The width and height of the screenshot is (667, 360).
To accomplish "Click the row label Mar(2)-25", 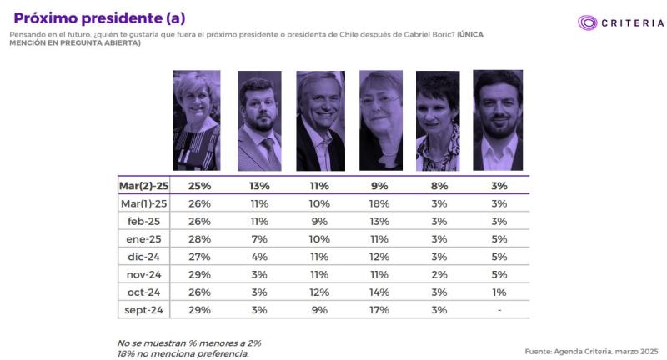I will coord(144,185).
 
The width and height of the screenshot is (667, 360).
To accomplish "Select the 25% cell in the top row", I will coord(199,185).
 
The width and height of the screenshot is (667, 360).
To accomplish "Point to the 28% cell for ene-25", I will coord(199,238).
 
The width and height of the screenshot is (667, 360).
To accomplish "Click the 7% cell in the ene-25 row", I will coord(259,238).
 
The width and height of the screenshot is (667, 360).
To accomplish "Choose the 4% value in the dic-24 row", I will coord(259,256).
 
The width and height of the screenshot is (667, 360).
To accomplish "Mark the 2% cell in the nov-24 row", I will coord(439,273).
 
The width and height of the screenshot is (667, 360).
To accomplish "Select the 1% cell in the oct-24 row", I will coord(499,292).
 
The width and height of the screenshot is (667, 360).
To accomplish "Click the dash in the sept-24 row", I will coord(499,309).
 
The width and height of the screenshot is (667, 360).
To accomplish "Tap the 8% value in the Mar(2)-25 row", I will coord(439,185).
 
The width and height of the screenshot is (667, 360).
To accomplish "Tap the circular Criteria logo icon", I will coord(589,22).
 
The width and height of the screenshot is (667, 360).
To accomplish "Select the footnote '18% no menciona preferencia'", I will coord(183,352).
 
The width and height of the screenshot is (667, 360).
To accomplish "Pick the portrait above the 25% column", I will coord(197,120).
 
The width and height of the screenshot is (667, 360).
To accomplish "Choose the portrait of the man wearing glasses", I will coord(258,120).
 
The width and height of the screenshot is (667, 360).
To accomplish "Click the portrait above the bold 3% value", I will coord(498,120).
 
